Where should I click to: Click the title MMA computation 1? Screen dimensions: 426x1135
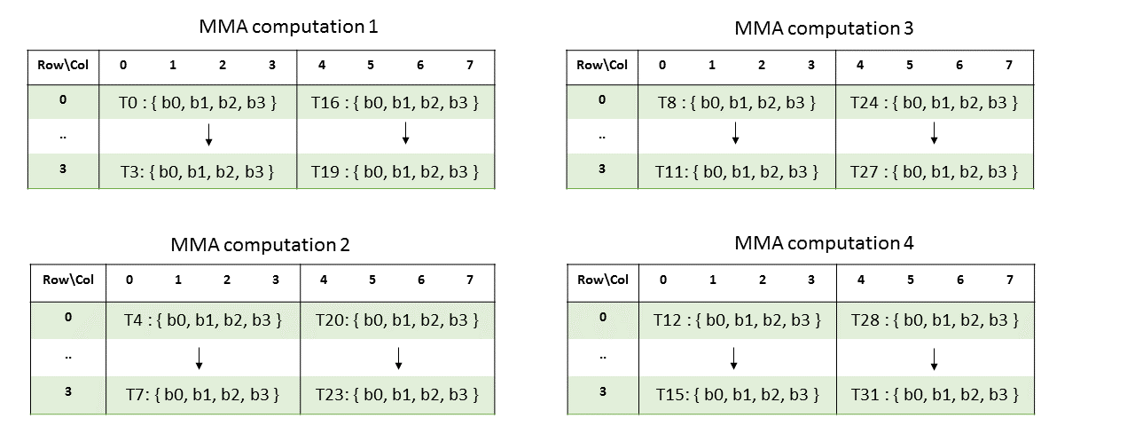288,27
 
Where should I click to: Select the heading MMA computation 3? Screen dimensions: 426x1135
824,28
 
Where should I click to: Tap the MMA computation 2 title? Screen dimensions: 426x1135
260,245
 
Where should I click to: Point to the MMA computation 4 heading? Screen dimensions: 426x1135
824,243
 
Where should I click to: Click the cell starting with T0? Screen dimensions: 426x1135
199,102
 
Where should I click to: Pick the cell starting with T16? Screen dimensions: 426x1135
395,102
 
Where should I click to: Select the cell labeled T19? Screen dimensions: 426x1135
395,171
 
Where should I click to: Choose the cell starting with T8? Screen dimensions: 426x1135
736,102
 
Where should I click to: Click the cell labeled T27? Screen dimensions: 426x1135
935,171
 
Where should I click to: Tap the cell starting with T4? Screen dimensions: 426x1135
203,319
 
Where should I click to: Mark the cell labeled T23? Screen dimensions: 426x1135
397,393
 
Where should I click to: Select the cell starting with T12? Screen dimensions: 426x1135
738,319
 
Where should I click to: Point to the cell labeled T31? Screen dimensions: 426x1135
935,393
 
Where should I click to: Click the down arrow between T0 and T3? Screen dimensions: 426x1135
208,134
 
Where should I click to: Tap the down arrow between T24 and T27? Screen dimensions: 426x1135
935,134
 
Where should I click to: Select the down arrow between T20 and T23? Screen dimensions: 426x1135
399,358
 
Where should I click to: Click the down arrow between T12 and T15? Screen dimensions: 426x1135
734,358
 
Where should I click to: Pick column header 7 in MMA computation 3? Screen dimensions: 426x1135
1009,65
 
